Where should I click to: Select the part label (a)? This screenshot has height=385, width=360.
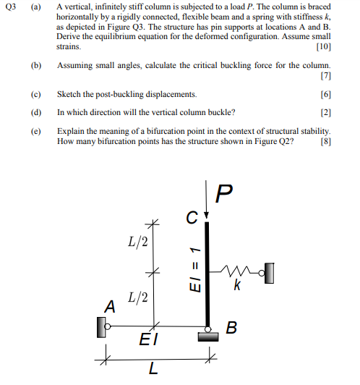[x=35, y=7]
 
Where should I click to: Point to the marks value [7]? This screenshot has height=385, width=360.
[x=326, y=75]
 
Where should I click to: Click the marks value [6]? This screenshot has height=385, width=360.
[x=326, y=94]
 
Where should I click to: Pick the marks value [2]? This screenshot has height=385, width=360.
[x=326, y=112]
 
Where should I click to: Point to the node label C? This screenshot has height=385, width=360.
[x=190, y=216]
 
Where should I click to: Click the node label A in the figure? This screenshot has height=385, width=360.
[x=109, y=306]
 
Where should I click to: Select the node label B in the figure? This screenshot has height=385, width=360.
[x=231, y=328]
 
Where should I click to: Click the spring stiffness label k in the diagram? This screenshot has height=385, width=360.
[x=236, y=287]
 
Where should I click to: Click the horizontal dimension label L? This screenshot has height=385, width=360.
[x=153, y=370]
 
